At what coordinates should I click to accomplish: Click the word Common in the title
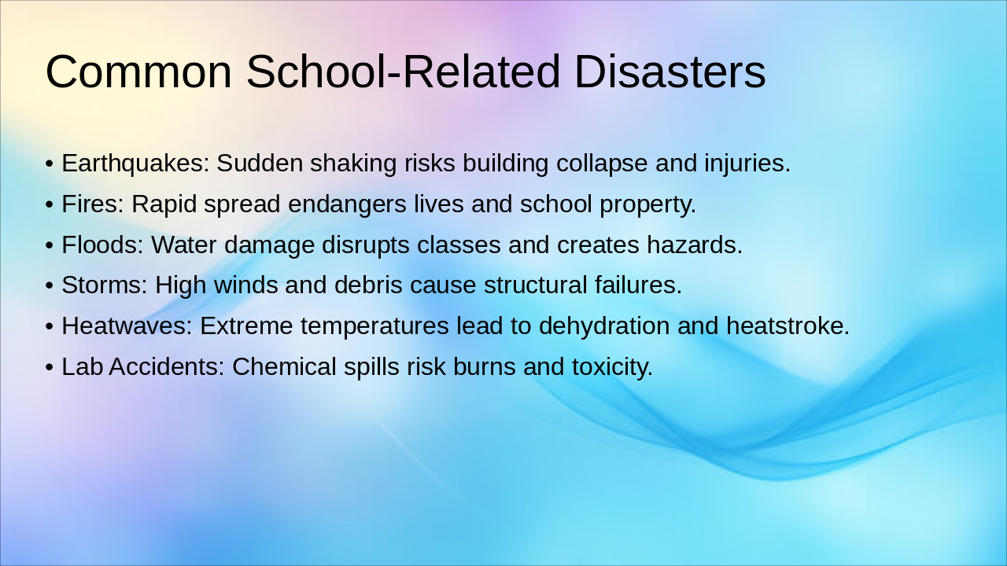(x=139, y=72)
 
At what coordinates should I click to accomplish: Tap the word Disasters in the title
(x=670, y=72)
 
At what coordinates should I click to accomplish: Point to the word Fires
(x=93, y=204)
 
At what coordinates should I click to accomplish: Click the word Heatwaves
(x=127, y=325)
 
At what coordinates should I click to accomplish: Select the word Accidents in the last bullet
(x=166, y=366)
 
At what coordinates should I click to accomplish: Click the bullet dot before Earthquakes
(x=50, y=164)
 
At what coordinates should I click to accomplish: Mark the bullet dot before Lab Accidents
(x=50, y=367)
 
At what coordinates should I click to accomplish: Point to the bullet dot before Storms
(x=50, y=285)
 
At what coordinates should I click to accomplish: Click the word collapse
(x=602, y=163)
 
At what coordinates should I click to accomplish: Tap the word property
(x=647, y=204)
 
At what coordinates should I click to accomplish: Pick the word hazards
(x=695, y=244)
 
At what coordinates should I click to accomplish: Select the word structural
(x=536, y=285)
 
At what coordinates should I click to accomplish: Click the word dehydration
(x=604, y=325)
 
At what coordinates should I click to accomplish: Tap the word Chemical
(x=284, y=366)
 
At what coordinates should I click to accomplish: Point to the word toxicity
(x=612, y=367)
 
